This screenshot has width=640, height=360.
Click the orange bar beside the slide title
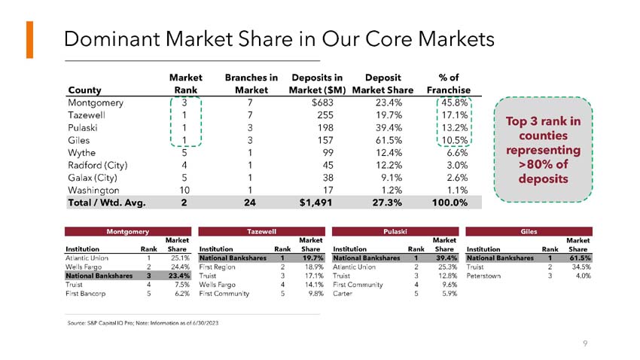click(x=29, y=40)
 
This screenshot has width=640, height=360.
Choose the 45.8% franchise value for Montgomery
click(x=456, y=103)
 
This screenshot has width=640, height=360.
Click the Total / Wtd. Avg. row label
click(x=106, y=203)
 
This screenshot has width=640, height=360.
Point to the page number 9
click(x=585, y=344)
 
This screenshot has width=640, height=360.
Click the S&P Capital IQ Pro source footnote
click(x=143, y=323)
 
